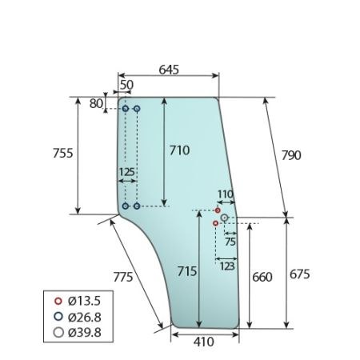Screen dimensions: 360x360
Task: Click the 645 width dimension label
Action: pos(169,70)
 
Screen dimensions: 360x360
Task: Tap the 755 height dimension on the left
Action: pos(63,154)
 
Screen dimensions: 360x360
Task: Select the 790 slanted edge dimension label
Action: pos(291,155)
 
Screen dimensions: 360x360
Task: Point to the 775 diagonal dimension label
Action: pos(123,277)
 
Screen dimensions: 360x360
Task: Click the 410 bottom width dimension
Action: pos(204,342)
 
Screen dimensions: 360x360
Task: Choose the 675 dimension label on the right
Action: pos(300,274)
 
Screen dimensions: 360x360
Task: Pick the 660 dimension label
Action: pos(262,278)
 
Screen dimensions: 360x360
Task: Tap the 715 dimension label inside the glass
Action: pos(187,271)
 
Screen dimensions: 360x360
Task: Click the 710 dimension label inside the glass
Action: pos(180,150)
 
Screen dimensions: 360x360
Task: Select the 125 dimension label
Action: pos(126,172)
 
